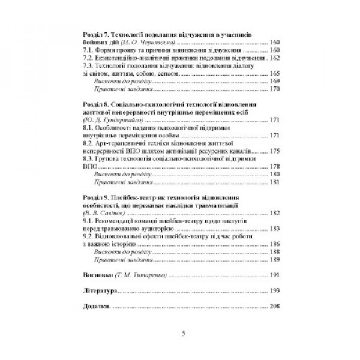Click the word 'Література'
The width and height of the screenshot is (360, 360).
(x=98, y=290)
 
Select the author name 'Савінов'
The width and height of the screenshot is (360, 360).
(x=104, y=212)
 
